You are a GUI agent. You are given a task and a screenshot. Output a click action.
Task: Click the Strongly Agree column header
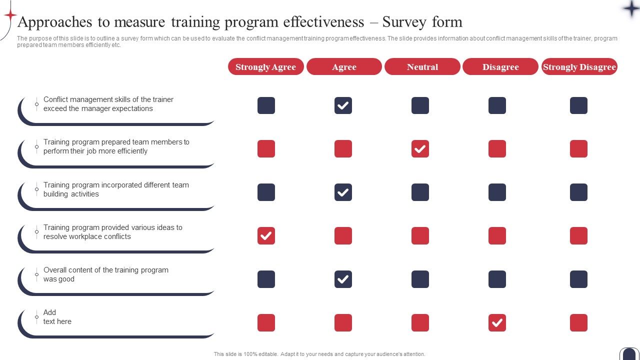click(265, 67)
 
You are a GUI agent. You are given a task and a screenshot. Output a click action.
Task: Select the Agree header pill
click(344, 67)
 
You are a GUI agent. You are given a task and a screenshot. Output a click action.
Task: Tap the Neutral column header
click(422, 67)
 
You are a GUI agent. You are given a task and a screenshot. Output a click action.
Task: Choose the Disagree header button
click(500, 67)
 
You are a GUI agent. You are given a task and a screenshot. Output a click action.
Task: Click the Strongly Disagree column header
click(579, 67)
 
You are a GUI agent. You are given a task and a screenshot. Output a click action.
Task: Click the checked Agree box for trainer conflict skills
click(343, 105)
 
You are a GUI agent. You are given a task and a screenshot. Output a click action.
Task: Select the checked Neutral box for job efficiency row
click(420, 149)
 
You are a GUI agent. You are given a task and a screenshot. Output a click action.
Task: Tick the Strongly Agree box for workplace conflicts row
click(266, 236)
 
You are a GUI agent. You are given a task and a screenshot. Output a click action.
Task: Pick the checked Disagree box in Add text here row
click(497, 323)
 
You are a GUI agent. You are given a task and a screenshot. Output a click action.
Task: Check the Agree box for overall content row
click(343, 279)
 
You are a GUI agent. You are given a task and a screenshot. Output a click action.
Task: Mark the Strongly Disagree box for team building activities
click(578, 192)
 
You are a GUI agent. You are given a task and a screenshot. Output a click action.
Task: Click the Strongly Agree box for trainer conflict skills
click(266, 105)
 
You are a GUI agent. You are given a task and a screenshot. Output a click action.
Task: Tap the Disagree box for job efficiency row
click(497, 149)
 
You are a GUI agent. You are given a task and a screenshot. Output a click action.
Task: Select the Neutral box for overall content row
click(420, 279)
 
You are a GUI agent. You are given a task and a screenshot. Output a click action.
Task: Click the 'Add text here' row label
click(57, 317)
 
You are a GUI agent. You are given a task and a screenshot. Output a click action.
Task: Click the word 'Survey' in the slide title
click(404, 22)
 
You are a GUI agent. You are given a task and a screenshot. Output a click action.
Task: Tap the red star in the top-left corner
click(10, 15)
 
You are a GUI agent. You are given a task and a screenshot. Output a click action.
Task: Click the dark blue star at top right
click(630, 8)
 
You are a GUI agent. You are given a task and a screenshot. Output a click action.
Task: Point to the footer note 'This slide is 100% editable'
click(319, 354)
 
